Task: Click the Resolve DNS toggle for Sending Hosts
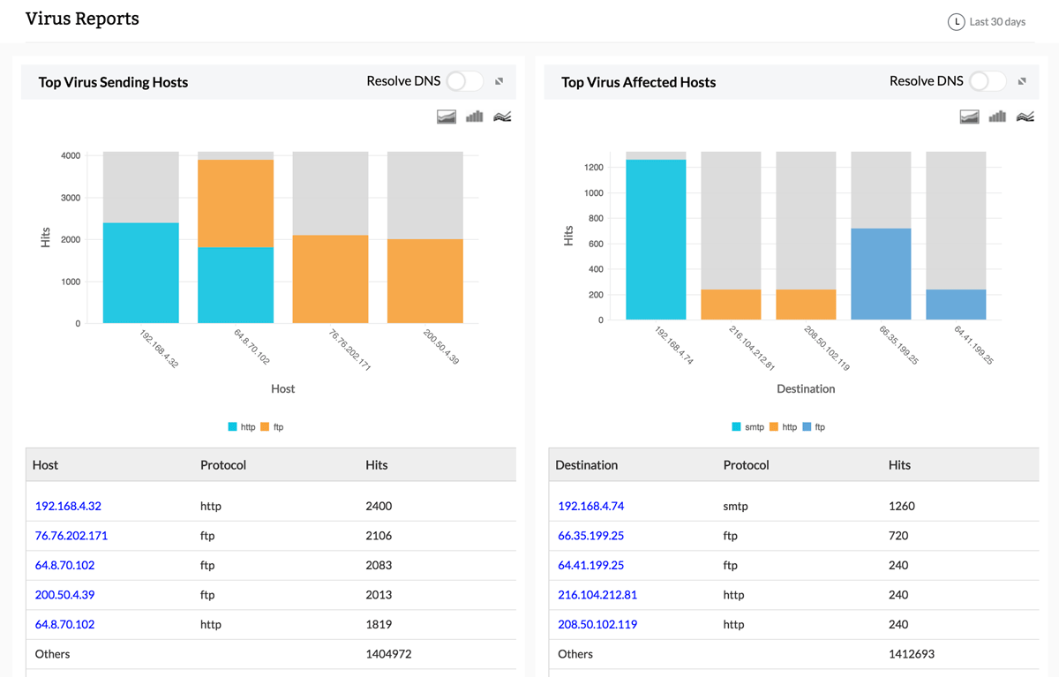(464, 81)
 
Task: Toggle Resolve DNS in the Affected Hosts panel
(987, 81)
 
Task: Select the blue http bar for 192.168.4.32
(140, 273)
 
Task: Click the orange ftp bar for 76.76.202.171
(330, 279)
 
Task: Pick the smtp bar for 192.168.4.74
(656, 239)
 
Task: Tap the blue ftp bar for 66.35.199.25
(881, 274)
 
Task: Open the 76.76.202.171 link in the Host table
(71, 536)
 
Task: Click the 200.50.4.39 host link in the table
(64, 595)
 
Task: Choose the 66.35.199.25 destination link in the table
(591, 536)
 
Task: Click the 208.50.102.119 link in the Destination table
(597, 624)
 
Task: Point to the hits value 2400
(379, 507)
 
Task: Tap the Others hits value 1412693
(911, 654)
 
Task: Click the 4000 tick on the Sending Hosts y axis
(71, 155)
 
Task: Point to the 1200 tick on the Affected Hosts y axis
(594, 168)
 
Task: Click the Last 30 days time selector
(987, 22)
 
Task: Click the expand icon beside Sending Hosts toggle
(499, 81)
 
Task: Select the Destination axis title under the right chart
(806, 388)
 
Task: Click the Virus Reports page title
(82, 19)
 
